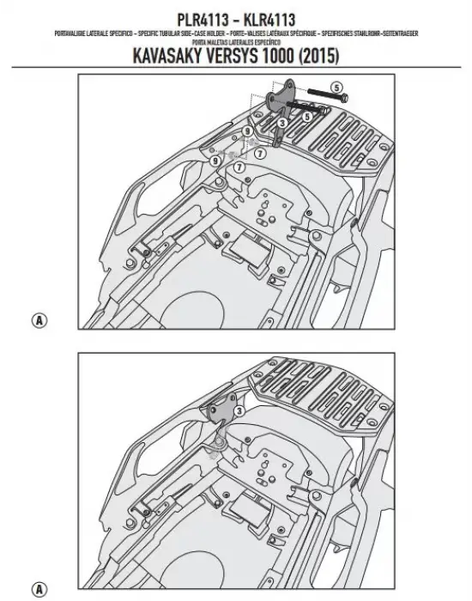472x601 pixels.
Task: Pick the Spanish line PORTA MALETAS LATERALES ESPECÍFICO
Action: click(x=235, y=40)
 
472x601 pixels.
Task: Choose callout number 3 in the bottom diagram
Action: click(x=239, y=412)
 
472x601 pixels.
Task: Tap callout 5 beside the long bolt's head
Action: click(x=336, y=88)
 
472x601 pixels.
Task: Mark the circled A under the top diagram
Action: click(x=37, y=320)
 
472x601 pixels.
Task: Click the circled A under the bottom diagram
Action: click(x=37, y=588)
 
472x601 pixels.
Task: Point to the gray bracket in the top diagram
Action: click(x=284, y=99)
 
